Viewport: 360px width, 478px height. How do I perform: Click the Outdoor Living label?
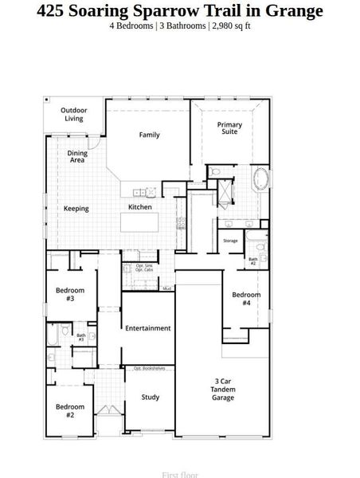pyautogui.click(x=74, y=114)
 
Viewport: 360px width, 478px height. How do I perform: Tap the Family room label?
pyautogui.click(x=150, y=135)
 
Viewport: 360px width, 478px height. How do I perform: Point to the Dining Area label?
pyautogui.click(x=76, y=156)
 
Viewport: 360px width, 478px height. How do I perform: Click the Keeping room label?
pyautogui.click(x=76, y=209)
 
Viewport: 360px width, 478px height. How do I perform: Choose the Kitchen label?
pyautogui.click(x=140, y=207)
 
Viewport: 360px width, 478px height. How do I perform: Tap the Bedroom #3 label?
pyautogui.click(x=70, y=294)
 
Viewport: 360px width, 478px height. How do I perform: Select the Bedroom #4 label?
pyautogui.click(x=246, y=299)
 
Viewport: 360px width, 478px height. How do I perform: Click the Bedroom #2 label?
pyautogui.click(x=70, y=410)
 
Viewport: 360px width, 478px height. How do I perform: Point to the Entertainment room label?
pyautogui.click(x=148, y=327)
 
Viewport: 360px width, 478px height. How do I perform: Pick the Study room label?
pyautogui.click(x=151, y=397)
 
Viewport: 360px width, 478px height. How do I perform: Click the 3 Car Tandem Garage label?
pyautogui.click(x=223, y=389)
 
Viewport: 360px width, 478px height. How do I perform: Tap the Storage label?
pyautogui.click(x=230, y=241)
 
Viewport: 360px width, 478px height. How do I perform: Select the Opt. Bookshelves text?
pyautogui.click(x=149, y=368)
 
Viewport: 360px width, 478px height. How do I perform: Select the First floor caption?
pyautogui.click(x=180, y=474)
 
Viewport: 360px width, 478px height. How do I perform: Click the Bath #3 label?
pyautogui.click(x=81, y=337)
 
